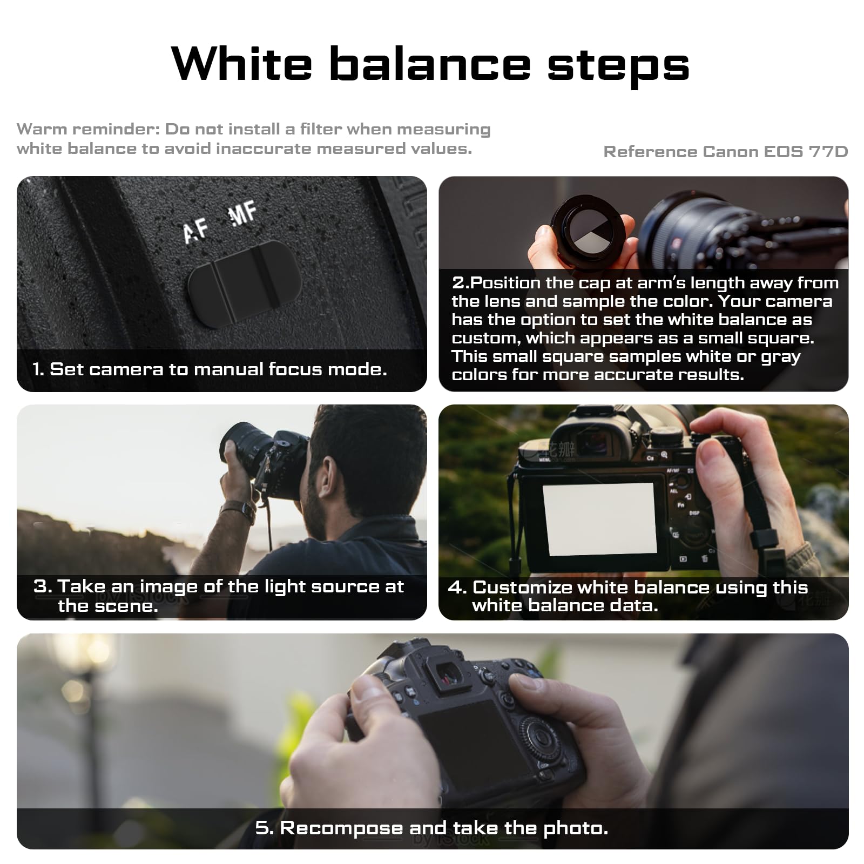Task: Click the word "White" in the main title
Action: [x=241, y=64]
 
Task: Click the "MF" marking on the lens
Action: [x=242, y=214]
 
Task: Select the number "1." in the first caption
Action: [x=38, y=369]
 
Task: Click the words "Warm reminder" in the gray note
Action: [x=87, y=130]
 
